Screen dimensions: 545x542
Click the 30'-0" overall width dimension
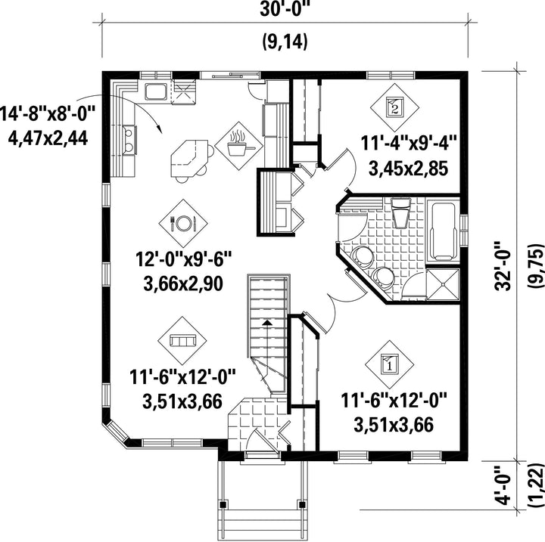[x=285, y=9]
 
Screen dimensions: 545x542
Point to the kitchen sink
[x=156, y=91]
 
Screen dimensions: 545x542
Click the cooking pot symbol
[x=239, y=146]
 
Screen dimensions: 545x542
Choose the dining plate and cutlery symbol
[x=183, y=223]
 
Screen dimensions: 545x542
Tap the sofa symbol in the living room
[x=182, y=340]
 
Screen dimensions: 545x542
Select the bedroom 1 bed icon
[x=389, y=364]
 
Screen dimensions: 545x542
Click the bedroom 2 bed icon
[x=394, y=107]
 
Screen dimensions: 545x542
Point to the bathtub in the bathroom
[x=443, y=231]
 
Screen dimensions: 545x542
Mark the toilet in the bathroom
[x=400, y=213]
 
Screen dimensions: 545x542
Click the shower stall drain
[x=443, y=284]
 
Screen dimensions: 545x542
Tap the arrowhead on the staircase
[x=267, y=323]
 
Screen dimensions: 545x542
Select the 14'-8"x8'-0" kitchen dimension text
[x=47, y=114]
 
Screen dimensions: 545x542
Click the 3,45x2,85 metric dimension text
[x=408, y=170]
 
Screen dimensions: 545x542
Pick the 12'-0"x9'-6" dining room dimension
[x=183, y=259]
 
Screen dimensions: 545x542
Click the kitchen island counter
[x=189, y=158]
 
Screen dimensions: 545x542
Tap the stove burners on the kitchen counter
[x=129, y=139]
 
